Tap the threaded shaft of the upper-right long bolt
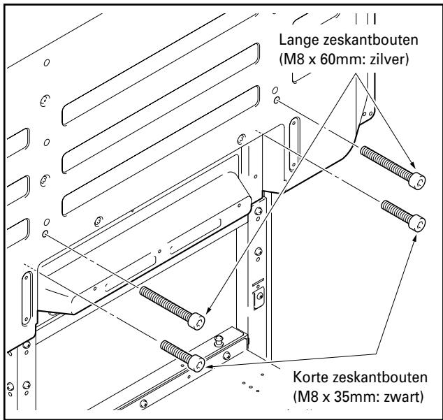coord(384,159)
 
